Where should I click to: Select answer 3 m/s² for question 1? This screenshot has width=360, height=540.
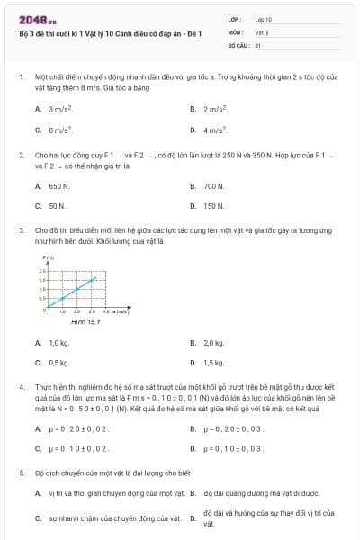pyautogui.click(x=59, y=109)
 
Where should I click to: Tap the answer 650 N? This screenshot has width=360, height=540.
pyautogui.click(x=58, y=186)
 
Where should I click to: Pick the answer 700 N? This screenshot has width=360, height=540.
pyautogui.click(x=213, y=186)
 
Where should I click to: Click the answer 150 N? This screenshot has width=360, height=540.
pyautogui.click(x=213, y=206)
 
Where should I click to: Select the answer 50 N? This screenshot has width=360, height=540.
pyautogui.click(x=57, y=206)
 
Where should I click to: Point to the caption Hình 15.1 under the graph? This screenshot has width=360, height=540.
pyautogui.click(x=86, y=320)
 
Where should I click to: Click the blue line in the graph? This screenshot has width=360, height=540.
pyautogui.click(x=79, y=291)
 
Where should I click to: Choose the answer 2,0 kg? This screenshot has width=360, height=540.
pyautogui.click(x=213, y=343)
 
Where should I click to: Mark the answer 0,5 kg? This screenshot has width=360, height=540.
pyautogui.click(x=58, y=363)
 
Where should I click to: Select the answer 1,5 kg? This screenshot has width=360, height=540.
pyautogui.click(x=213, y=363)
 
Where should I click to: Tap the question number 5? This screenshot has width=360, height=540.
pyautogui.click(x=22, y=472)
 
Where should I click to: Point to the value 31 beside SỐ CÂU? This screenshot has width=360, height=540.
pyautogui.click(x=258, y=43)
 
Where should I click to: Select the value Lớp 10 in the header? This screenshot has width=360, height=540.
pyautogui.click(x=264, y=18)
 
